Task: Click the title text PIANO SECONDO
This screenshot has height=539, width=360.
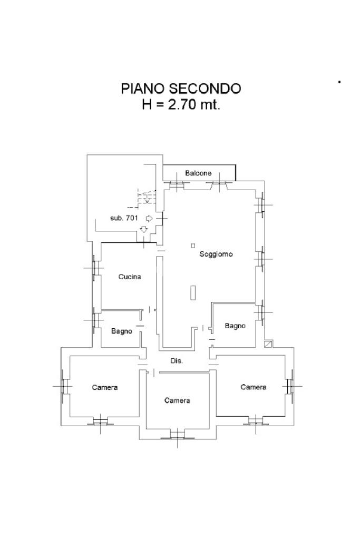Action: [180, 89]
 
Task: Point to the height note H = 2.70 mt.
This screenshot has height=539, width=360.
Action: [181, 104]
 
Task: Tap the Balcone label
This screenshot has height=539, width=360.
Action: [198, 173]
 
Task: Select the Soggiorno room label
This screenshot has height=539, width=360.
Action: [216, 254]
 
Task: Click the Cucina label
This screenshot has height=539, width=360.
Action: [130, 277]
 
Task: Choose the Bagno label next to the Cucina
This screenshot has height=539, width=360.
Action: [122, 331]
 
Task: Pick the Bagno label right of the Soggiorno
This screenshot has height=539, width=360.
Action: [235, 326]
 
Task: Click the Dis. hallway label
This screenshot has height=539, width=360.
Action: [177, 361]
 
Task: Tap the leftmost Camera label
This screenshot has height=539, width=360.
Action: [105, 387]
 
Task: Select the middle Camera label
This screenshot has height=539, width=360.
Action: [177, 400]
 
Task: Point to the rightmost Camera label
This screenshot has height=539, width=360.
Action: [254, 387]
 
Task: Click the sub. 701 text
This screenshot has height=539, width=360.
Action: [124, 218]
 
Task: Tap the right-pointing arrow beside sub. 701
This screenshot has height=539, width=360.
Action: [149, 218]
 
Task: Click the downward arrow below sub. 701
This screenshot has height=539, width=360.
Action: [144, 229]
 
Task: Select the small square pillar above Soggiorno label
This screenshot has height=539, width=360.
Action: [193, 246]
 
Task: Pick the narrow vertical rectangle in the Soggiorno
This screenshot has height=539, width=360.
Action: [193, 292]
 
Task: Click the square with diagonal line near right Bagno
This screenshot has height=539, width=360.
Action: [268, 344]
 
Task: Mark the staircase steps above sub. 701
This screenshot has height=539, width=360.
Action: [147, 199]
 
